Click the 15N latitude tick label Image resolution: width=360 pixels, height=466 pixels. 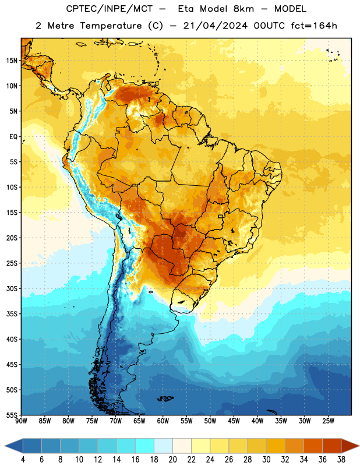(x=12, y=61)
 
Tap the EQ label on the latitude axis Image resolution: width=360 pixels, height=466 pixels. (x=13, y=137)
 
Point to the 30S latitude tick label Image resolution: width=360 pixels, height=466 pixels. (x=12, y=288)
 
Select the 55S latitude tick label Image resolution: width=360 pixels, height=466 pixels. (x=12, y=415)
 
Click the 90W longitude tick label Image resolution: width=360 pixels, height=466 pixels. (x=21, y=421)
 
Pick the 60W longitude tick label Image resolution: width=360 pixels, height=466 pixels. (x=163, y=421)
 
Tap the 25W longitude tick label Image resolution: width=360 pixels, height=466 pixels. (x=328, y=421)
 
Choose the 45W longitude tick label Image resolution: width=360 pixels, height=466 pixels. (x=234, y=421)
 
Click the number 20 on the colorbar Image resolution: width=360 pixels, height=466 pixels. (x=172, y=460)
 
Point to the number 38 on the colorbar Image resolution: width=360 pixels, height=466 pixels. (x=341, y=460)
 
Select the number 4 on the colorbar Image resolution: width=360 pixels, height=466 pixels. (x=23, y=460)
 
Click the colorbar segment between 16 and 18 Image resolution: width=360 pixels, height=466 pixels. (x=144, y=446)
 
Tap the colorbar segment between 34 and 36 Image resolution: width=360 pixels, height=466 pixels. (x=313, y=446)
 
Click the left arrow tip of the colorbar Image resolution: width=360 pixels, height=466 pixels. (x=5, y=446)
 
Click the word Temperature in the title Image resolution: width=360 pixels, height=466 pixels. (x=111, y=26)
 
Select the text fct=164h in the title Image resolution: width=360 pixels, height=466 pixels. (x=314, y=26)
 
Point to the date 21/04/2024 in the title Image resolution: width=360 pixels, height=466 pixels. (x=215, y=26)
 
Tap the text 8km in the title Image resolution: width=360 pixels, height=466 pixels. (x=243, y=9)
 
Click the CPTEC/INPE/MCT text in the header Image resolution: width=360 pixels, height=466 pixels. (x=109, y=9)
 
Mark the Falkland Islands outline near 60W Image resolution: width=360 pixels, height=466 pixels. (x=165, y=398)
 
